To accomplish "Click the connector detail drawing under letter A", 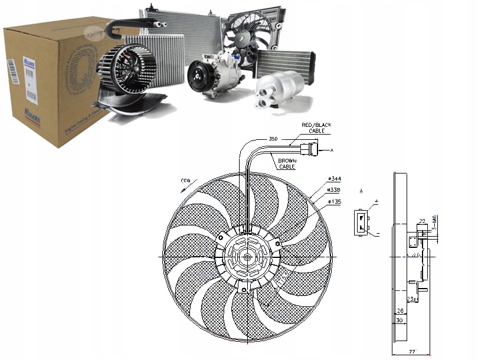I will [361, 222].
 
